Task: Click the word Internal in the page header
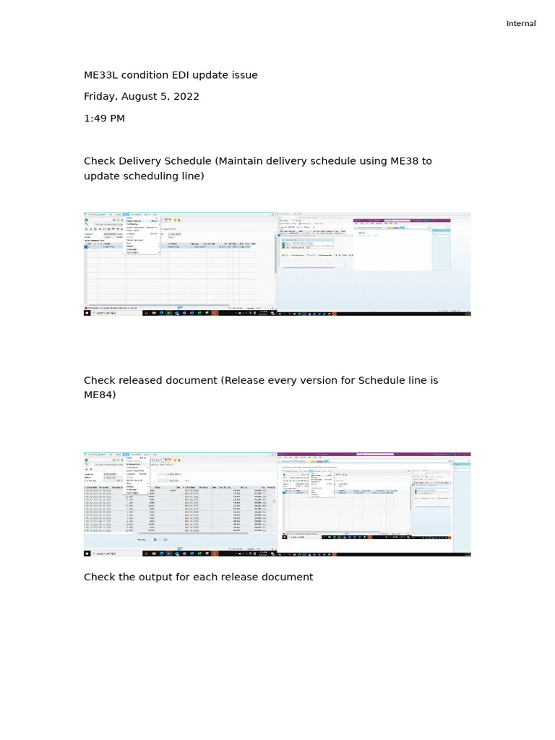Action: tap(520, 24)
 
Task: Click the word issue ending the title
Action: tap(244, 75)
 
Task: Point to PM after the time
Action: tap(118, 119)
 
